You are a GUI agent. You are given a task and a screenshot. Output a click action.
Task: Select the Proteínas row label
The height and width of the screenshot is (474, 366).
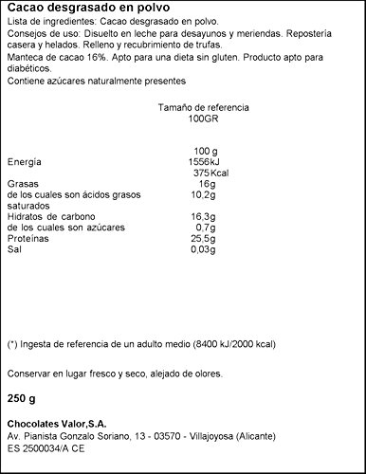[x=27, y=240]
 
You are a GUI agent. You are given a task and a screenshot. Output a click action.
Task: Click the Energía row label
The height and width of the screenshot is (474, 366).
[x=25, y=162]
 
